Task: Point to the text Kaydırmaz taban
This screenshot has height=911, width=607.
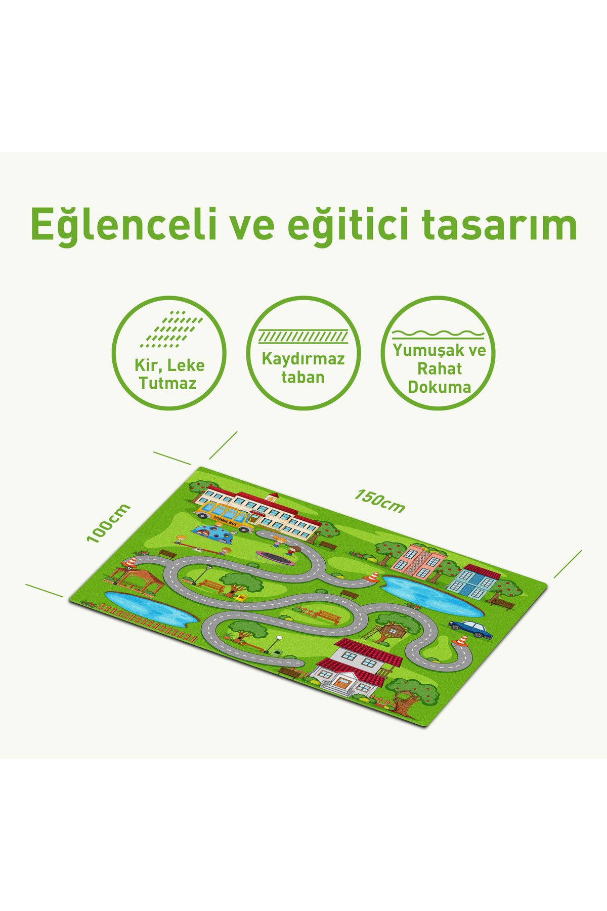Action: click(303, 367)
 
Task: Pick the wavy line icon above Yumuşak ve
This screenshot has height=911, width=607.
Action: click(439, 334)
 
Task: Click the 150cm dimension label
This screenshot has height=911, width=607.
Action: click(379, 501)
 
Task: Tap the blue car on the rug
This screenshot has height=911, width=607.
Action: click(470, 629)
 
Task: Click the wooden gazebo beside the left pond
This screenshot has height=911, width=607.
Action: click(136, 579)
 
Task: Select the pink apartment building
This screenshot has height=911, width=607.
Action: click(418, 562)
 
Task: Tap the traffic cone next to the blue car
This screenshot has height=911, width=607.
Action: click(461, 640)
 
